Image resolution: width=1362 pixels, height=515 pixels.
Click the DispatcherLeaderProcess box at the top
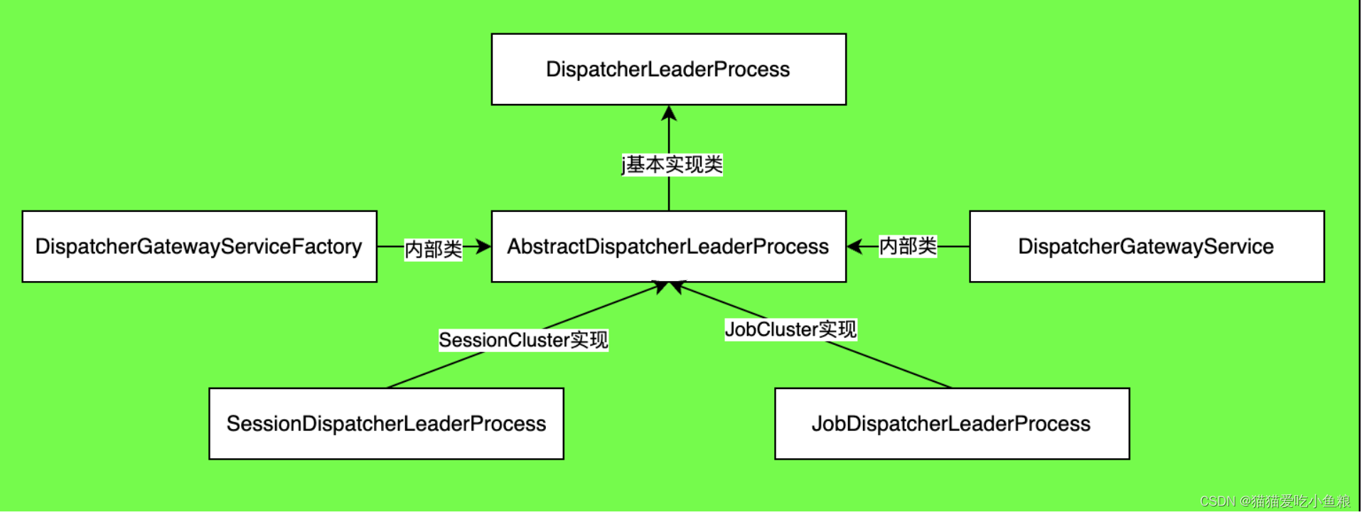click(668, 70)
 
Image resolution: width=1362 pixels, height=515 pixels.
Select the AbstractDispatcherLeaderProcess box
click(668, 247)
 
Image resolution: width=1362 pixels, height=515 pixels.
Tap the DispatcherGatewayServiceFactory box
click(199, 247)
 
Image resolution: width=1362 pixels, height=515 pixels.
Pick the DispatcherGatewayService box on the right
click(1146, 247)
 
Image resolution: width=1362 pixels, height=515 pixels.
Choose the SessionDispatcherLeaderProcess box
click(386, 424)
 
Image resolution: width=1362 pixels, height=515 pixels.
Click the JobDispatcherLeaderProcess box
click(951, 424)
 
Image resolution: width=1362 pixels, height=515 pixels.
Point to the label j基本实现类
click(672, 165)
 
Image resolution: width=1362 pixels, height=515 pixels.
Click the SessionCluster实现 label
click(523, 340)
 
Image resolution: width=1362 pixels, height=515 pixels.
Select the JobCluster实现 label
click(790, 329)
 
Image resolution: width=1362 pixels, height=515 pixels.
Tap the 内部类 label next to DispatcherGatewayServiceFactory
click(433, 250)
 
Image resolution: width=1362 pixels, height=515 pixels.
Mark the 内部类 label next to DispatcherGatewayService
click(908, 246)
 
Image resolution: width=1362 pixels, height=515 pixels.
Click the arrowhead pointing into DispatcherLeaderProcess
click(669, 114)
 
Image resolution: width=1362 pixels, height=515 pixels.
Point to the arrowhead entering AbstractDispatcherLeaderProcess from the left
click(483, 247)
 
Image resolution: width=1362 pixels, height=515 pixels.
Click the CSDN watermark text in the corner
click(1275, 501)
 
